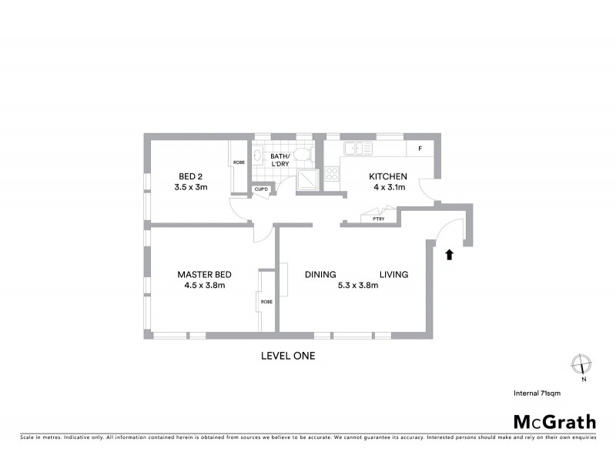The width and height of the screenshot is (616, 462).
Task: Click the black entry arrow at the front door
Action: [x=450, y=253]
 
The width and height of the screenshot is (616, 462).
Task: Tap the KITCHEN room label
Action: [x=389, y=176]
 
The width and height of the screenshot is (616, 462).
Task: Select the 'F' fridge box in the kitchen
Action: [x=420, y=149]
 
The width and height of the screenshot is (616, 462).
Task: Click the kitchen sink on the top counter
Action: [x=359, y=149]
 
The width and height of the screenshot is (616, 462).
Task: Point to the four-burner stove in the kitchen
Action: [x=332, y=175]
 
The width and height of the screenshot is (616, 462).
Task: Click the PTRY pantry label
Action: [x=378, y=219]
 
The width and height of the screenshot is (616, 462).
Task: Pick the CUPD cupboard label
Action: [x=261, y=189]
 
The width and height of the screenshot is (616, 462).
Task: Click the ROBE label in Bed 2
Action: [x=239, y=162]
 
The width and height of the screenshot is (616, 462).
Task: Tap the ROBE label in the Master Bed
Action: [x=266, y=302]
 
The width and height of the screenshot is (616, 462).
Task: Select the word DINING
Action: [x=320, y=274]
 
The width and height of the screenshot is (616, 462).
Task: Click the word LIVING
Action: [x=393, y=274]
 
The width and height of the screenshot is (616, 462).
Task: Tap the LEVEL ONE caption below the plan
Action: [x=288, y=356]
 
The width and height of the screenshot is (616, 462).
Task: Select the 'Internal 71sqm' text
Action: [x=537, y=393]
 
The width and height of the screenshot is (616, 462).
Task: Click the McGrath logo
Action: [x=554, y=421]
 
